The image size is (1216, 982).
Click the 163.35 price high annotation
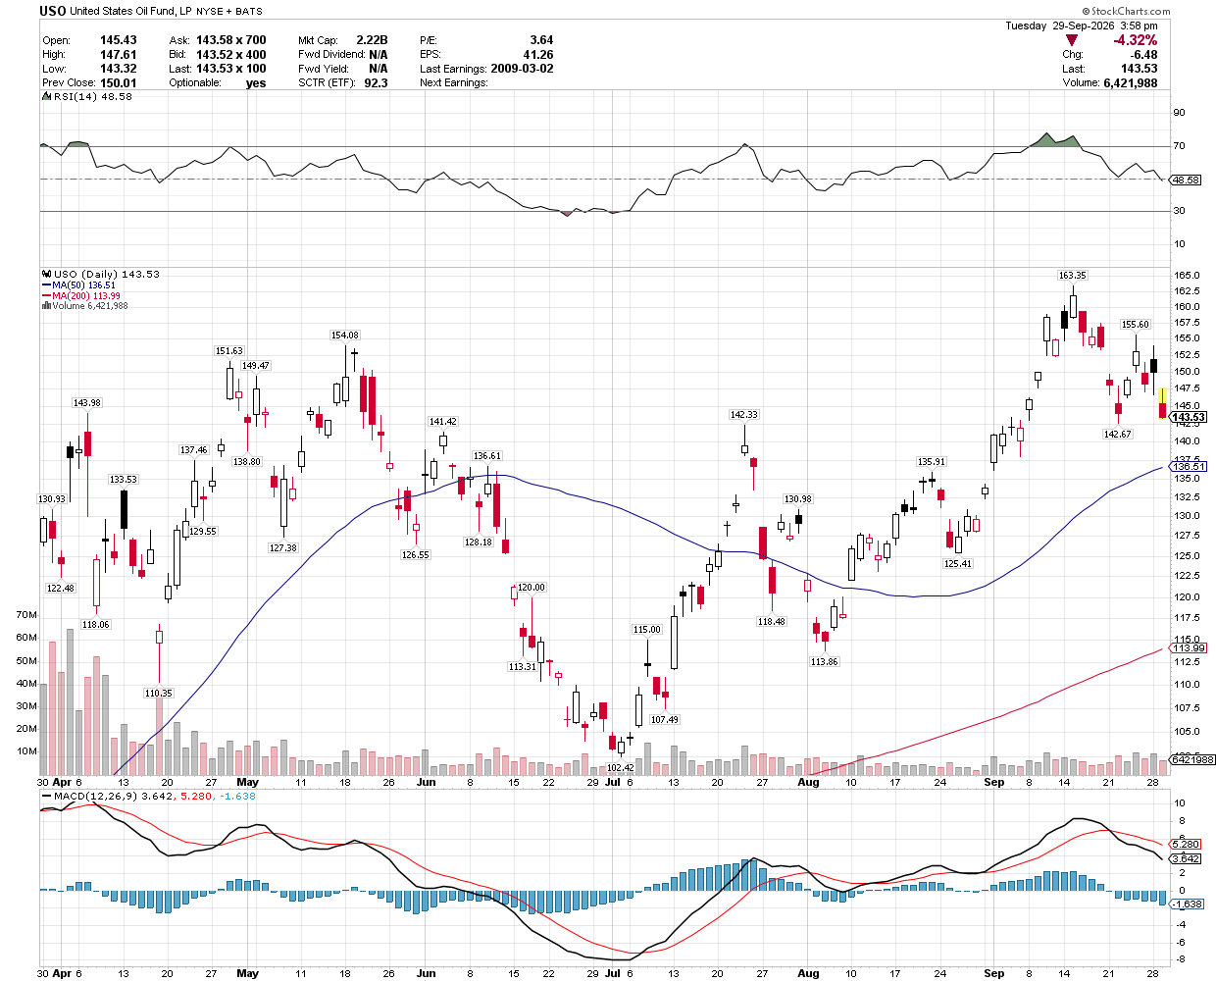pos(1072,276)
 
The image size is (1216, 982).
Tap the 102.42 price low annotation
pos(620,767)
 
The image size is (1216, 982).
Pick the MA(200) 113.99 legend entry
pos(80,295)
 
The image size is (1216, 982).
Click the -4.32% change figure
pos(1135,40)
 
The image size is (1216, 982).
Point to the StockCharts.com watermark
pos(1125,11)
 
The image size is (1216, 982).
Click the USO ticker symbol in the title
pos(53,11)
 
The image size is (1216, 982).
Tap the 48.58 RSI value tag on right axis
pos(1186,180)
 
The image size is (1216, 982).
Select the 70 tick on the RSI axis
pos(1179,146)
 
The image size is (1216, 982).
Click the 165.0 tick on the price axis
pos(1186,276)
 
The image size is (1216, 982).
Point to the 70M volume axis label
pos(26,615)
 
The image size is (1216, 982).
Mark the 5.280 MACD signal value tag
pos(1186,844)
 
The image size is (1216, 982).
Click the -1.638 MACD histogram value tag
pos(1187,904)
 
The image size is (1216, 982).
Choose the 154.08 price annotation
pos(345,336)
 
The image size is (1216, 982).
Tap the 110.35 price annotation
pos(158,694)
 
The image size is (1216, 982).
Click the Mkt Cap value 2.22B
pos(372,40)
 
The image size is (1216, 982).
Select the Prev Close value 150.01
pos(119,82)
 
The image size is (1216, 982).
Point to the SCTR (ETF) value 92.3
pos(376,82)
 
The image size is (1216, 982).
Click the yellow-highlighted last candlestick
pos(1162,403)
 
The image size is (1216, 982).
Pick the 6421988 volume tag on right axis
pos(1192,760)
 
